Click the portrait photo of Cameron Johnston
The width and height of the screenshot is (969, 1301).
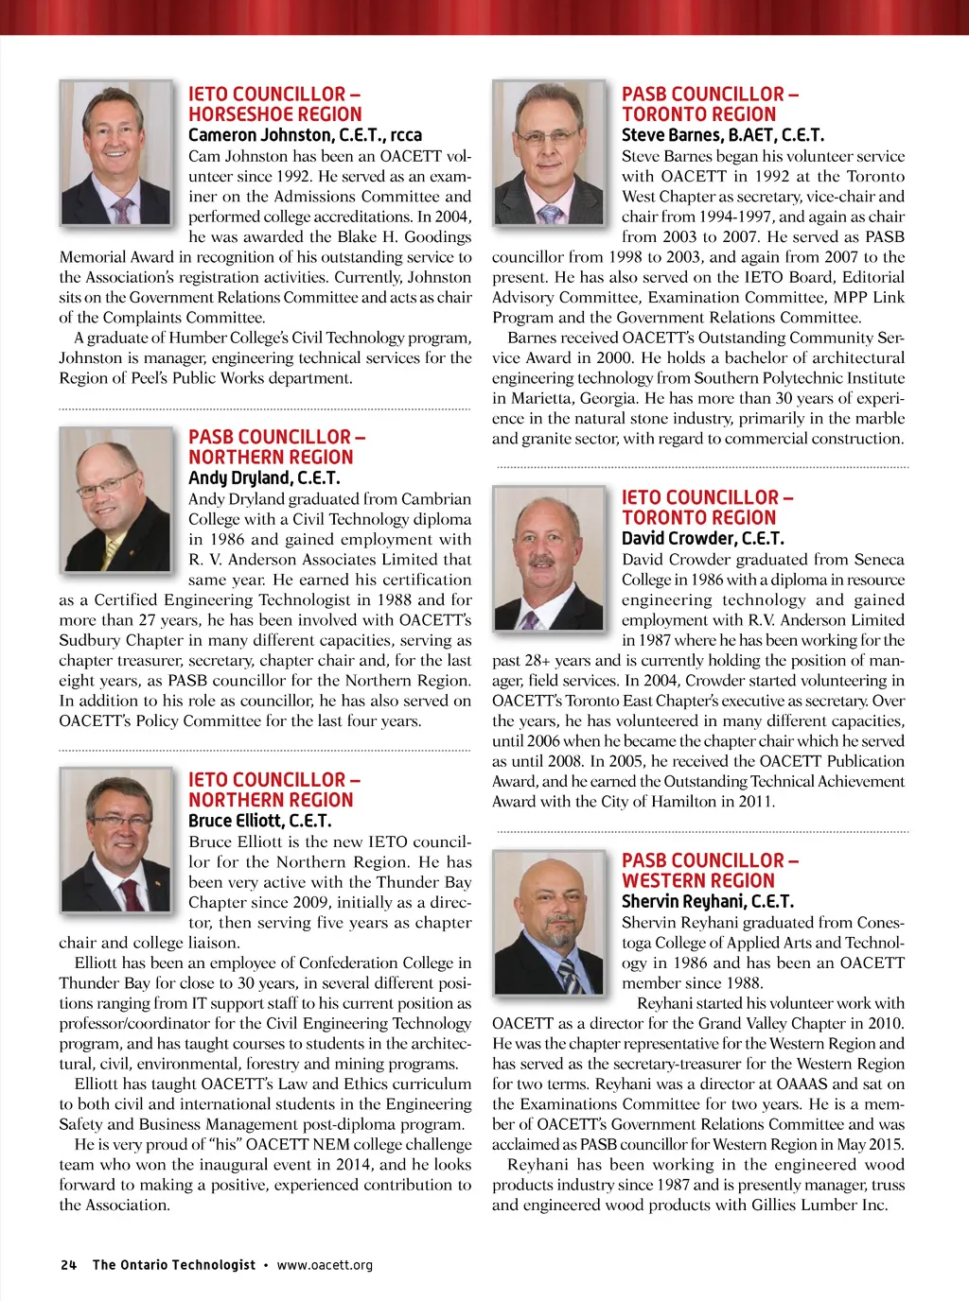click(116, 152)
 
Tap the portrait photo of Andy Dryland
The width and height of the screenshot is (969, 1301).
click(116, 495)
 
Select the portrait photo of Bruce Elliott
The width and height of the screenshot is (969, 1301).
click(116, 839)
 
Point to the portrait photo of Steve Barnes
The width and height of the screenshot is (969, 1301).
click(549, 152)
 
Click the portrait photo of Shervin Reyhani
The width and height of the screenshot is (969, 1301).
click(549, 921)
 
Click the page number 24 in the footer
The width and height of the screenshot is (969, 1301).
click(68, 1265)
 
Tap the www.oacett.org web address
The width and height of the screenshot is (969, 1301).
click(325, 1265)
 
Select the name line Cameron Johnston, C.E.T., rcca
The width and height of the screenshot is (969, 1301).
click(305, 135)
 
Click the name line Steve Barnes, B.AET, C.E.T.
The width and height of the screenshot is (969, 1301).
click(722, 135)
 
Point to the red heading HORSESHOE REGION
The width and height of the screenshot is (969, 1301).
click(270, 114)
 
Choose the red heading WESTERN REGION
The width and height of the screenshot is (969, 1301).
click(697, 880)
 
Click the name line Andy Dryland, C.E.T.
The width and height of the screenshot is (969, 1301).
click(264, 478)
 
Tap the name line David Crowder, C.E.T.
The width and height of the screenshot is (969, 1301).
click(702, 539)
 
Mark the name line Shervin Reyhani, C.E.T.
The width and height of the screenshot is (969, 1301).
click(707, 901)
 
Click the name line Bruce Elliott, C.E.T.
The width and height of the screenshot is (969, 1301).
click(259, 821)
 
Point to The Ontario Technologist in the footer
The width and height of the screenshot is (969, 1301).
click(173, 1265)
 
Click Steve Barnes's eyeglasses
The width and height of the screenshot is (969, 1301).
click(548, 136)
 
